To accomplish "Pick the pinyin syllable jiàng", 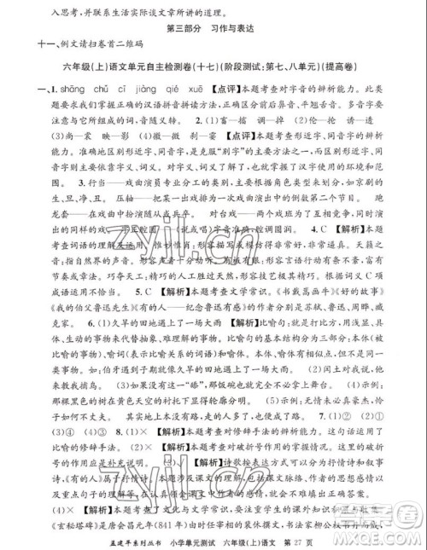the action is (x=141, y=89).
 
